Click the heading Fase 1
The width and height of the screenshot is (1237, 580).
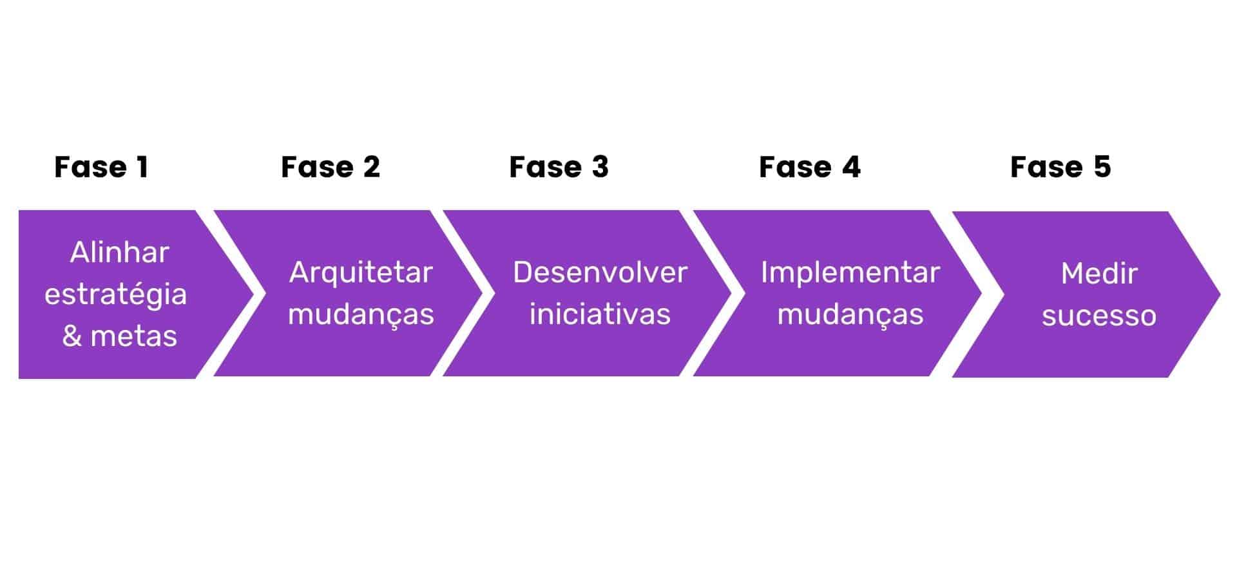coord(101,168)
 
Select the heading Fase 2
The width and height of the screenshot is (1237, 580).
coord(330,168)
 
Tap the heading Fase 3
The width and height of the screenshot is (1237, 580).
coord(558,168)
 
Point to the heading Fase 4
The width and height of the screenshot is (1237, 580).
coord(809,168)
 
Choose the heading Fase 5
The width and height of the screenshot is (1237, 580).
coord(1060,168)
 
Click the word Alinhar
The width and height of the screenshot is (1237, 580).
coord(119,252)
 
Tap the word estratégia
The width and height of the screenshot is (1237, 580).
coord(115,295)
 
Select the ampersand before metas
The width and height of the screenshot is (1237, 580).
coord(72,336)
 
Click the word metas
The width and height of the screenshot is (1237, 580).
coord(133,336)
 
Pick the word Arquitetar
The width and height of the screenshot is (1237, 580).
coord(361,273)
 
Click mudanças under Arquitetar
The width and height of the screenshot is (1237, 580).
coord(361,315)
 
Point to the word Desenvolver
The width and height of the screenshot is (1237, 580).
coord(600,273)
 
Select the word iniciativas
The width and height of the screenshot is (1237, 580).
coord(600,314)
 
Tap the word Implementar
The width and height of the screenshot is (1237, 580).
coord(850,273)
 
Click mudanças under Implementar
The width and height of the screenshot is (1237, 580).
coord(850,315)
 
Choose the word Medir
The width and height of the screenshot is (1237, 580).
coord(1098,274)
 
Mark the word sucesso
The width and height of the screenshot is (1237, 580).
coord(1098,316)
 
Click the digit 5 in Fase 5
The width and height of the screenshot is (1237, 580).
coord(1102,168)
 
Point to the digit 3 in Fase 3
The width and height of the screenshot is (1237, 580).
coord(600,168)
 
